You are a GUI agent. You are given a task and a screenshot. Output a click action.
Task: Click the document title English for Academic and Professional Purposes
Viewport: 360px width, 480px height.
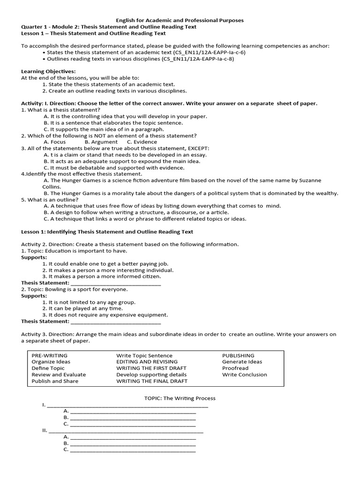coord(180,21)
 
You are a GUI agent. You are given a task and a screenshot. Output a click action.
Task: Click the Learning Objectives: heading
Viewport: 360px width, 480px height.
coord(48,71)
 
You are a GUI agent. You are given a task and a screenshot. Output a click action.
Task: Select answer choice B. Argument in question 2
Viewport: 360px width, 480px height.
coord(101,142)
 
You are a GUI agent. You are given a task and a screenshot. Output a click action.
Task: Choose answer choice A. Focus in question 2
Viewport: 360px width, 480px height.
coord(54,142)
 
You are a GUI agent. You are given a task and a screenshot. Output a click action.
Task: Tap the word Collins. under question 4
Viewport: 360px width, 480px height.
coord(52,186)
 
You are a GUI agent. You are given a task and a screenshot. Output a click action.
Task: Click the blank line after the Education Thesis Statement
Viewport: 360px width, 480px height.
coord(115,283)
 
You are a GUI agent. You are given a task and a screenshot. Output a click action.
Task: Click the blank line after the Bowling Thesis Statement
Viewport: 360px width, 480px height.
coord(115,322)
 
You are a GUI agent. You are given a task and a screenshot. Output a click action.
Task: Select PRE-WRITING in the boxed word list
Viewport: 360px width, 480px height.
coord(49,355)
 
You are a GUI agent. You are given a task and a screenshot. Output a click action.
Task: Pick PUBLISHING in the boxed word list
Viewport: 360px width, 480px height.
coord(238,355)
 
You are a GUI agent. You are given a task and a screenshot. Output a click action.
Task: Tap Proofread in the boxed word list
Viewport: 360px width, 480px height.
coord(235,368)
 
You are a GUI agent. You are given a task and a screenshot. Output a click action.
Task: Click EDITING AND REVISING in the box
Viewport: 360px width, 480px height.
coord(147,362)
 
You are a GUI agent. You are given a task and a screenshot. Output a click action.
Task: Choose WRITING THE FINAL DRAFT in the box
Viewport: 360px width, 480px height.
coord(152,381)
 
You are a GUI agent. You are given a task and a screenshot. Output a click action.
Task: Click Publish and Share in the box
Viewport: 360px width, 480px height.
coord(55,381)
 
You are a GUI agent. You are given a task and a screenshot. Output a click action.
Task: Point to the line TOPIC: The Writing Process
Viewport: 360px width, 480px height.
coord(180,398)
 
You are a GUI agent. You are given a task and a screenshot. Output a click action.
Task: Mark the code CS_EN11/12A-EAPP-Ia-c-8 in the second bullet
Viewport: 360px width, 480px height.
coord(197,59)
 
